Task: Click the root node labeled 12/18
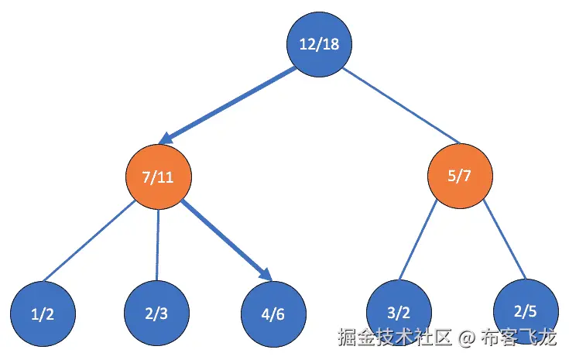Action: [x=319, y=44]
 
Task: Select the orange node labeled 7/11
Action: [x=158, y=177]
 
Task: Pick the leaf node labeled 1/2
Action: [x=43, y=314]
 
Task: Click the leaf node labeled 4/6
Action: [x=273, y=314]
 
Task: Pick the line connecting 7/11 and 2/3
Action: [x=157, y=244]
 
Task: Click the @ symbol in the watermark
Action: [x=465, y=338]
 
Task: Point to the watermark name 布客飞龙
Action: [x=519, y=338]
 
